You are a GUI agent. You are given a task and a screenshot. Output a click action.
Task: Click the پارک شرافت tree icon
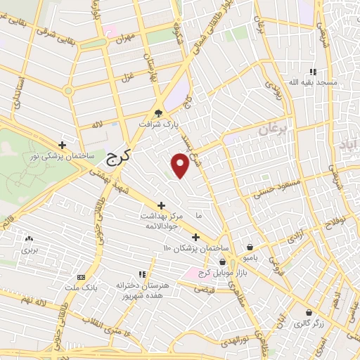159,112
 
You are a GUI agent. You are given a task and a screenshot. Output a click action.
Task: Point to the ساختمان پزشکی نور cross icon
62,144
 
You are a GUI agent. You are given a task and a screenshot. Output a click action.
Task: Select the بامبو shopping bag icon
251,247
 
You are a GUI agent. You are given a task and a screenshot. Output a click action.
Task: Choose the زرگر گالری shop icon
307,313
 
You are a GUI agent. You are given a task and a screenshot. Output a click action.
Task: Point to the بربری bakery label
29,249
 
